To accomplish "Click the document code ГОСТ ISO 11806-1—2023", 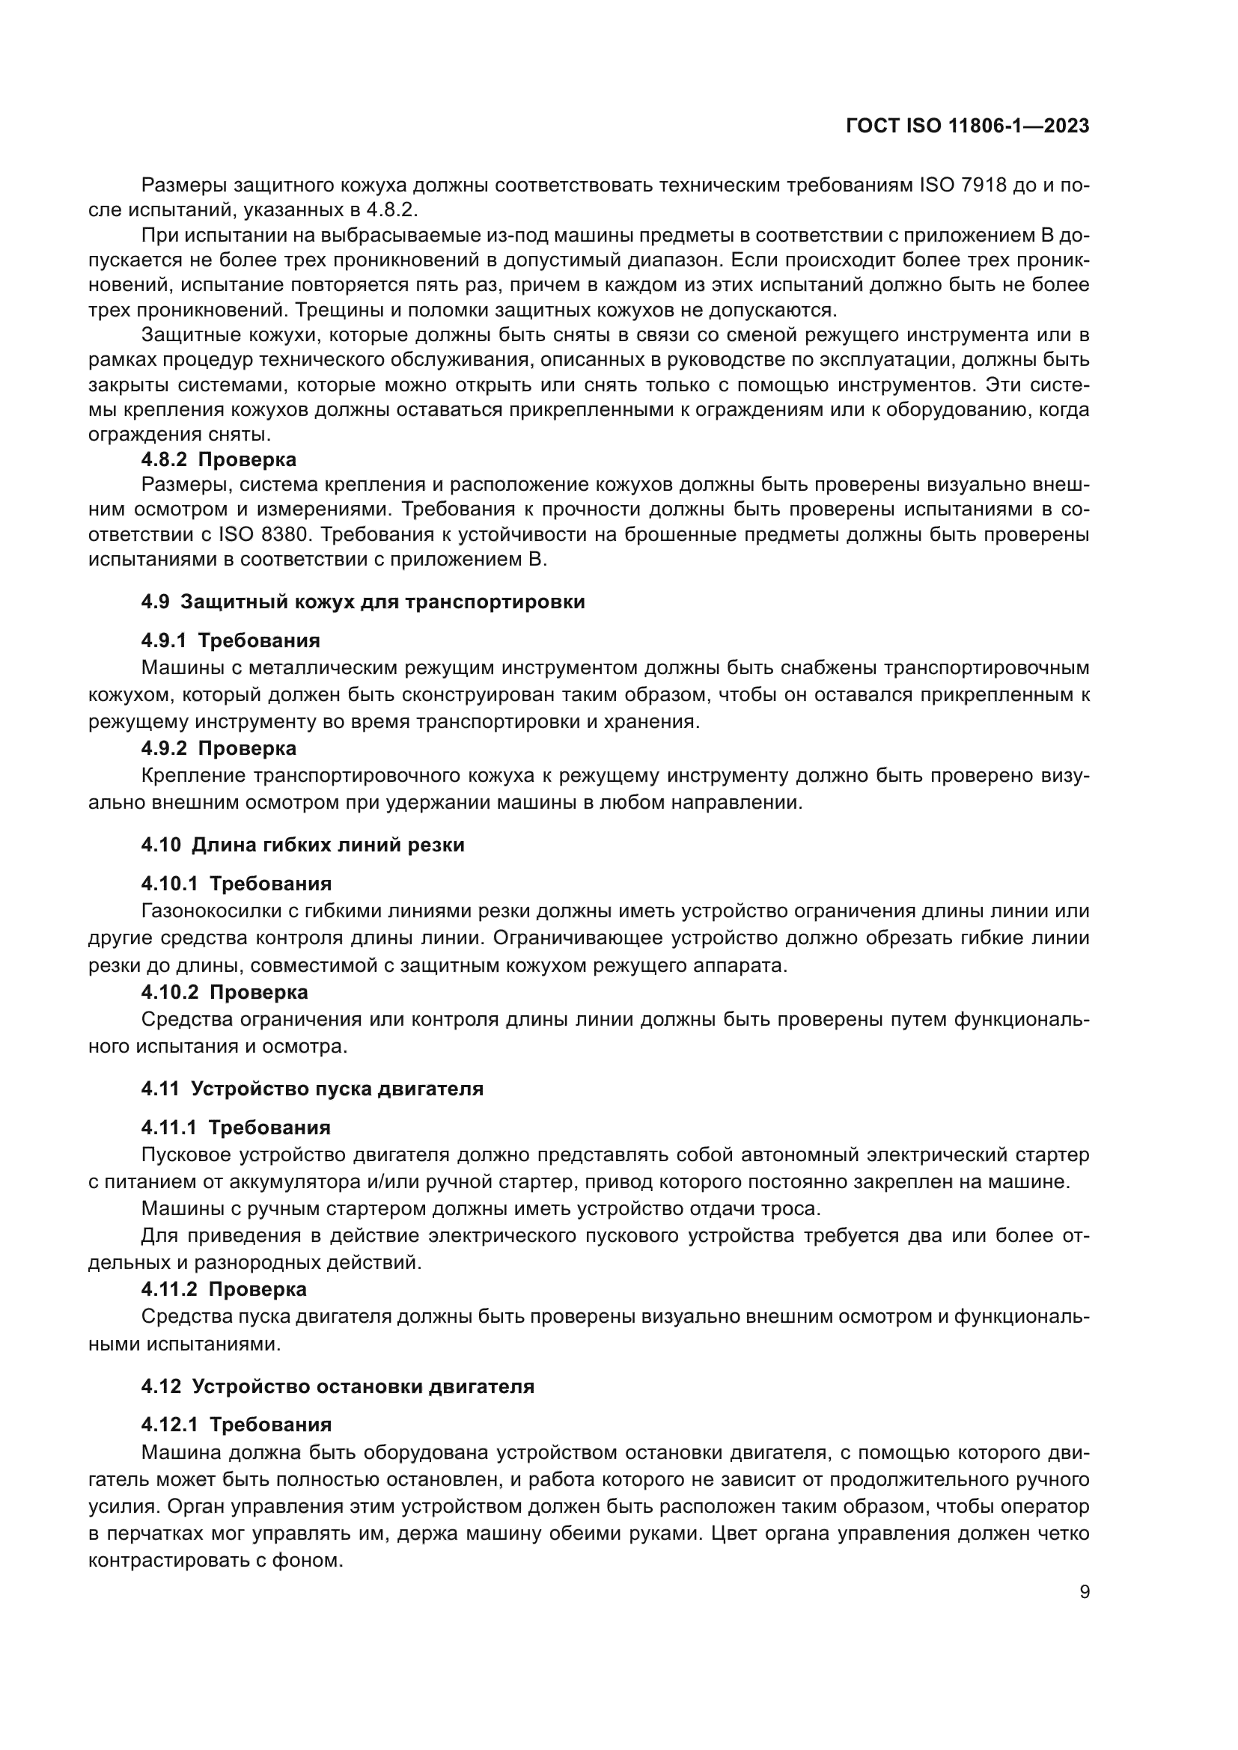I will pyautogui.click(x=967, y=126).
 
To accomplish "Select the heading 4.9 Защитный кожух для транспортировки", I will pyautogui.click(x=363, y=602).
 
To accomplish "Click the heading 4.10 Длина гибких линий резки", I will pyautogui.click(x=302, y=845).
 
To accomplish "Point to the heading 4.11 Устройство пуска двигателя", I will pyautogui.click(x=312, y=1089).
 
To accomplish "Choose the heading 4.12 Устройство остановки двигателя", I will pyautogui.click(x=337, y=1386).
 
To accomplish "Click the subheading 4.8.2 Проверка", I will pyautogui.click(x=219, y=459).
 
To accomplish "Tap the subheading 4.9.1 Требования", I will pyautogui.click(x=231, y=640).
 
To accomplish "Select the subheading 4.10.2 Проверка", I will pyautogui.click(x=224, y=992).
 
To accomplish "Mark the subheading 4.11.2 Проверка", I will pyautogui.click(x=224, y=1290).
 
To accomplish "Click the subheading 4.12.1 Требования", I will pyautogui.click(x=236, y=1425).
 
